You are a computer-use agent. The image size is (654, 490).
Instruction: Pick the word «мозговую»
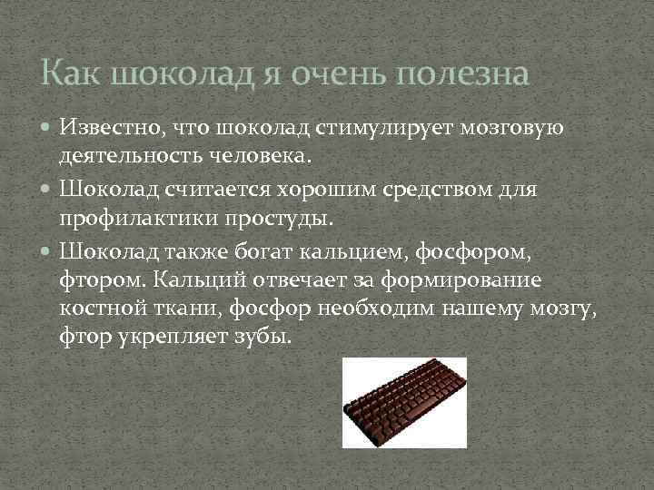tap(513, 127)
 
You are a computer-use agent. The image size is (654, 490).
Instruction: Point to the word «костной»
tap(97, 309)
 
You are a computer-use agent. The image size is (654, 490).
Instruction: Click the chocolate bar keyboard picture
tap(404, 402)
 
